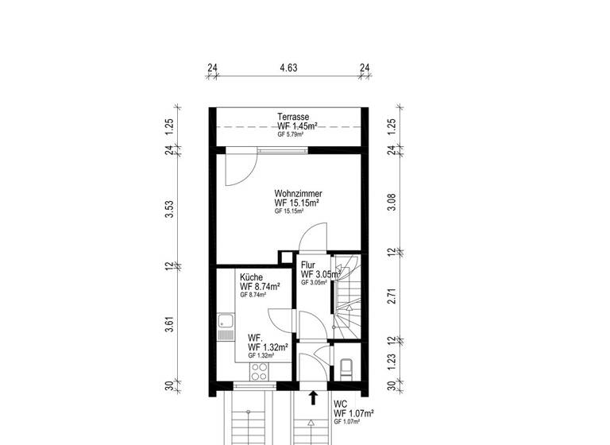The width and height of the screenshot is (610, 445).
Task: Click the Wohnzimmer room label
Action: tap(298, 193)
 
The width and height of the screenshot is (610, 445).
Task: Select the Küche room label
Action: tap(253, 277)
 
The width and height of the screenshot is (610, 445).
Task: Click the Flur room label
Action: tap(308, 265)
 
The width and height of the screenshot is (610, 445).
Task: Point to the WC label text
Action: tap(340, 403)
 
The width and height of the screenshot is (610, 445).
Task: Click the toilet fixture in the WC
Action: tap(346, 367)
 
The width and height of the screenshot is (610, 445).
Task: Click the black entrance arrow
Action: tap(314, 397)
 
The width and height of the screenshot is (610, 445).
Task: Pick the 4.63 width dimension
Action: tap(288, 68)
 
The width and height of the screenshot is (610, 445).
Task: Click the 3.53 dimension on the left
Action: tap(168, 209)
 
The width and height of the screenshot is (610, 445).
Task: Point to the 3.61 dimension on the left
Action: tap(168, 325)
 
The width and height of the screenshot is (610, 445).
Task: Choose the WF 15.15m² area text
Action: tap(298, 203)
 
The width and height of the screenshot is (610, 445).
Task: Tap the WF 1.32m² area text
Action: tap(267, 347)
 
